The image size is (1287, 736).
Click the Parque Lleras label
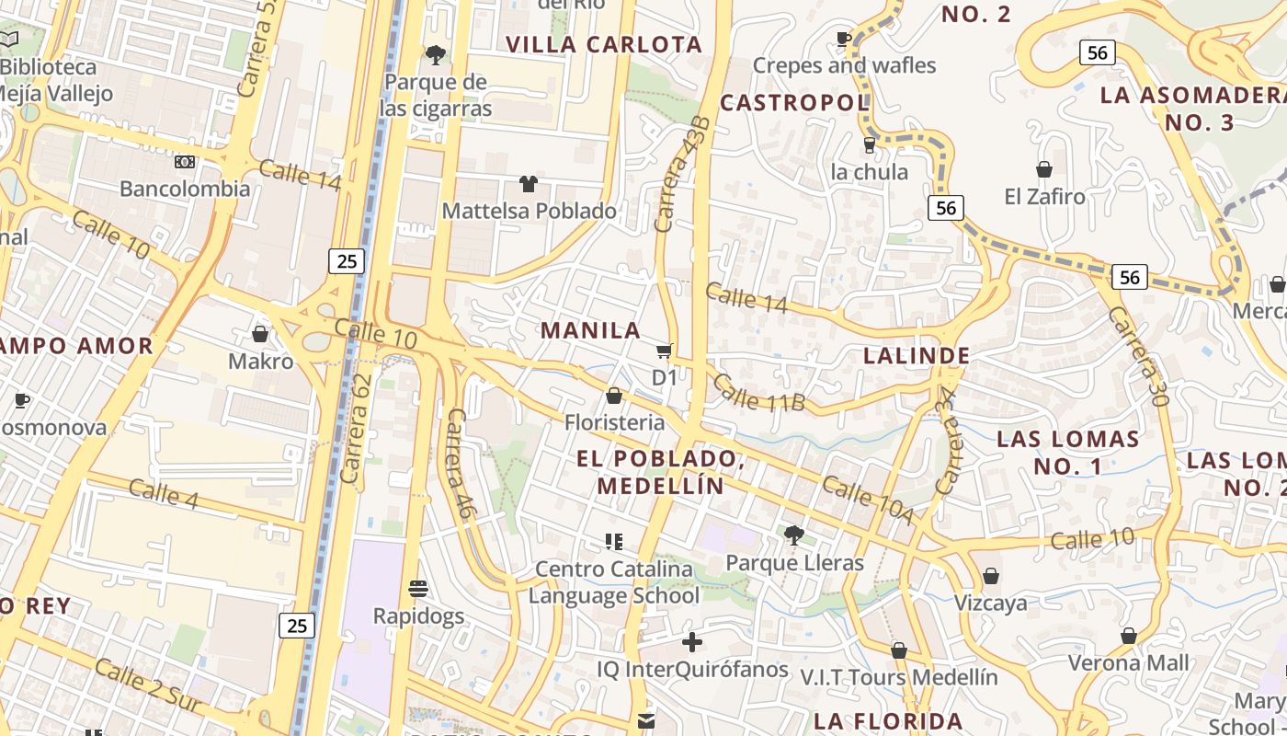[x=794, y=562]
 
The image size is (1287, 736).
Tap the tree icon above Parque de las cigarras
[x=436, y=55]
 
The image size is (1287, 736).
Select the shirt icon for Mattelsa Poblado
[x=528, y=184]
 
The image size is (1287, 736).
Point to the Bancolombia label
[x=185, y=189]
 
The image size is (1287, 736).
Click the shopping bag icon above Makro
[x=260, y=333]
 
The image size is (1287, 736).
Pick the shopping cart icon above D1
[x=664, y=351]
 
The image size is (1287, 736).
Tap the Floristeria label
[x=614, y=422]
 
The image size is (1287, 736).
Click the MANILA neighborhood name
[x=590, y=330]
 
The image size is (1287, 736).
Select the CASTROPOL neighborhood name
[x=794, y=102]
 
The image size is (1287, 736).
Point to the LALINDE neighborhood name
[x=917, y=356]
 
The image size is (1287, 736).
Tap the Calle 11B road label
[x=758, y=392]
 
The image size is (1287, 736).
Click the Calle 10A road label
[x=867, y=500]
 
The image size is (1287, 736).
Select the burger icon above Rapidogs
[x=418, y=588]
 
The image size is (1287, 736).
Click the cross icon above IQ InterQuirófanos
[x=692, y=641]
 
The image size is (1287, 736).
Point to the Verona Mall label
[x=1128, y=662]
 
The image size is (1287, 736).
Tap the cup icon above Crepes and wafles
[x=843, y=39]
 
